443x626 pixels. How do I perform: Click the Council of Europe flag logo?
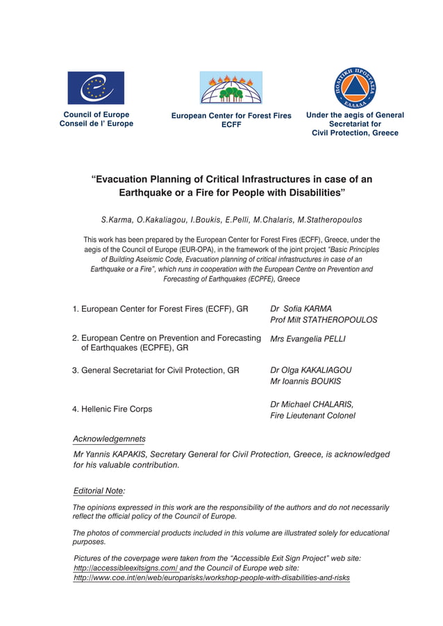tap(96, 88)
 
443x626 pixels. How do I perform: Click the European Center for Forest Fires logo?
tap(231, 87)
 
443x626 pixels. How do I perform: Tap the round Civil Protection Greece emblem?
tap(355, 87)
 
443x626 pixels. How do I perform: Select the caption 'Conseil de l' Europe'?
tap(97, 124)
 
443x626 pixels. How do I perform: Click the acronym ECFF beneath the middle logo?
tap(231, 126)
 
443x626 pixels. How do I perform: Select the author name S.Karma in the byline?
tap(117, 220)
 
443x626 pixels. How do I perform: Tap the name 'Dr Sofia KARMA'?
tap(301, 309)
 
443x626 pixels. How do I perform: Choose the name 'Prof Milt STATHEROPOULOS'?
tap(324, 320)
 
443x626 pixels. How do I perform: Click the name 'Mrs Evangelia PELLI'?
tap(308, 339)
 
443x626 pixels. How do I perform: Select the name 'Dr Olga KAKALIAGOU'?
tap(310, 370)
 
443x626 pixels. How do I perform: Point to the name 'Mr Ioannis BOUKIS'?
tap(306, 381)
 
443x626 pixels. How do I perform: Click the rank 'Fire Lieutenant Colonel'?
tap(312, 416)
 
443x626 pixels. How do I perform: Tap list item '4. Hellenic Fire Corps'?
tap(112, 409)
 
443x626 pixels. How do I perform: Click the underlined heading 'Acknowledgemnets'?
tap(109, 439)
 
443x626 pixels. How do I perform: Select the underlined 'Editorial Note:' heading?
tap(99, 491)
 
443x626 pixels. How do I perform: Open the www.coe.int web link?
tap(212, 577)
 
